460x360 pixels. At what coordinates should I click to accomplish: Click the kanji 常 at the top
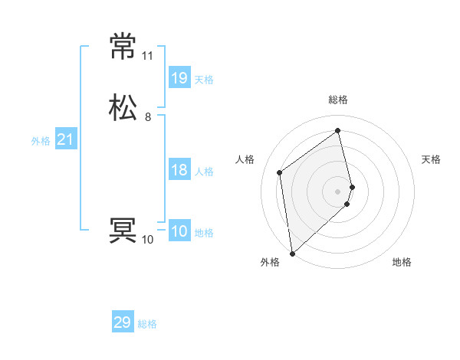point(123,47)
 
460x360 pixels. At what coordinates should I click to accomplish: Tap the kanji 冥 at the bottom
point(123,231)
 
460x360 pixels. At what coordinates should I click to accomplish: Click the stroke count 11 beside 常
point(147,56)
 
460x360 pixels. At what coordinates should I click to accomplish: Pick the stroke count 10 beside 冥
point(147,240)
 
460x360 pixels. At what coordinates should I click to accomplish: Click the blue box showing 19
point(179,77)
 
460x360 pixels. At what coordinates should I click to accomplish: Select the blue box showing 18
point(179,170)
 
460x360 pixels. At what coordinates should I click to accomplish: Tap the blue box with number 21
point(65,139)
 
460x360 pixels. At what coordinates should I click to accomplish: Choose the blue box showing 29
point(123,322)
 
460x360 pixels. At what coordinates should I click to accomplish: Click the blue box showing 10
point(179,231)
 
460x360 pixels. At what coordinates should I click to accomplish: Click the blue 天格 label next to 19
point(204,79)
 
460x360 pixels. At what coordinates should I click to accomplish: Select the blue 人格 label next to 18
point(204,172)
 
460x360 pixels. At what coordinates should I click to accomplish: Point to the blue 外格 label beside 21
point(41,141)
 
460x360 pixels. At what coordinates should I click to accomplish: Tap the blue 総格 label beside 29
point(147,324)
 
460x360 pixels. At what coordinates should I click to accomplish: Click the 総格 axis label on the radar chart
point(338,100)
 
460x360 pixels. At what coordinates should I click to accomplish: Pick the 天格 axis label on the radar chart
point(432,159)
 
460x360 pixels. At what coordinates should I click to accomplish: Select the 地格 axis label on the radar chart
point(402,262)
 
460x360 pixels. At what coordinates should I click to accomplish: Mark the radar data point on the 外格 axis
point(291,254)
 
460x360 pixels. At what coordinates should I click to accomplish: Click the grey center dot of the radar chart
point(338,191)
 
